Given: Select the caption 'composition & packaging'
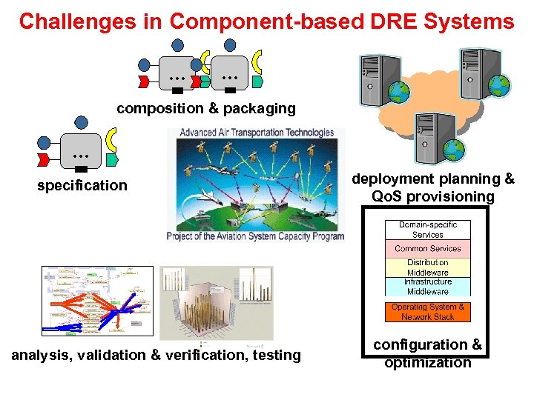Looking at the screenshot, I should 205,109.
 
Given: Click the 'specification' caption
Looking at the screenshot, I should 82,185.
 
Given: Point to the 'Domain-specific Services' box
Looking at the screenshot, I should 427,230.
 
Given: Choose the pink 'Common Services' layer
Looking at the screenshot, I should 427,249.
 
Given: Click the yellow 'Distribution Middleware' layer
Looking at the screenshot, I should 427,267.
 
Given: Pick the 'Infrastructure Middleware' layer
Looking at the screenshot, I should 427,287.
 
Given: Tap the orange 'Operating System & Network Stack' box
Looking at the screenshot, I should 428,312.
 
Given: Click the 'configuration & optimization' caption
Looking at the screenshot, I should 427,353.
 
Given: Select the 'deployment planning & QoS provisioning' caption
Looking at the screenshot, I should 433,187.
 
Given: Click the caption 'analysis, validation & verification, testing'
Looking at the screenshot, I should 156,356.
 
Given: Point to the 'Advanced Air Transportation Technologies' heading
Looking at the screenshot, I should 257,133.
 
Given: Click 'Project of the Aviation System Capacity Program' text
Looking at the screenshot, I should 256,237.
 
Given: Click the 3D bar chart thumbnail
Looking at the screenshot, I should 217,304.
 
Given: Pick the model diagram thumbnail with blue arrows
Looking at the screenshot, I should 97,302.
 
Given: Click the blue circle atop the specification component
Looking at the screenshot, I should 82,122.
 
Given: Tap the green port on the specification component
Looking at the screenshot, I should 112,159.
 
